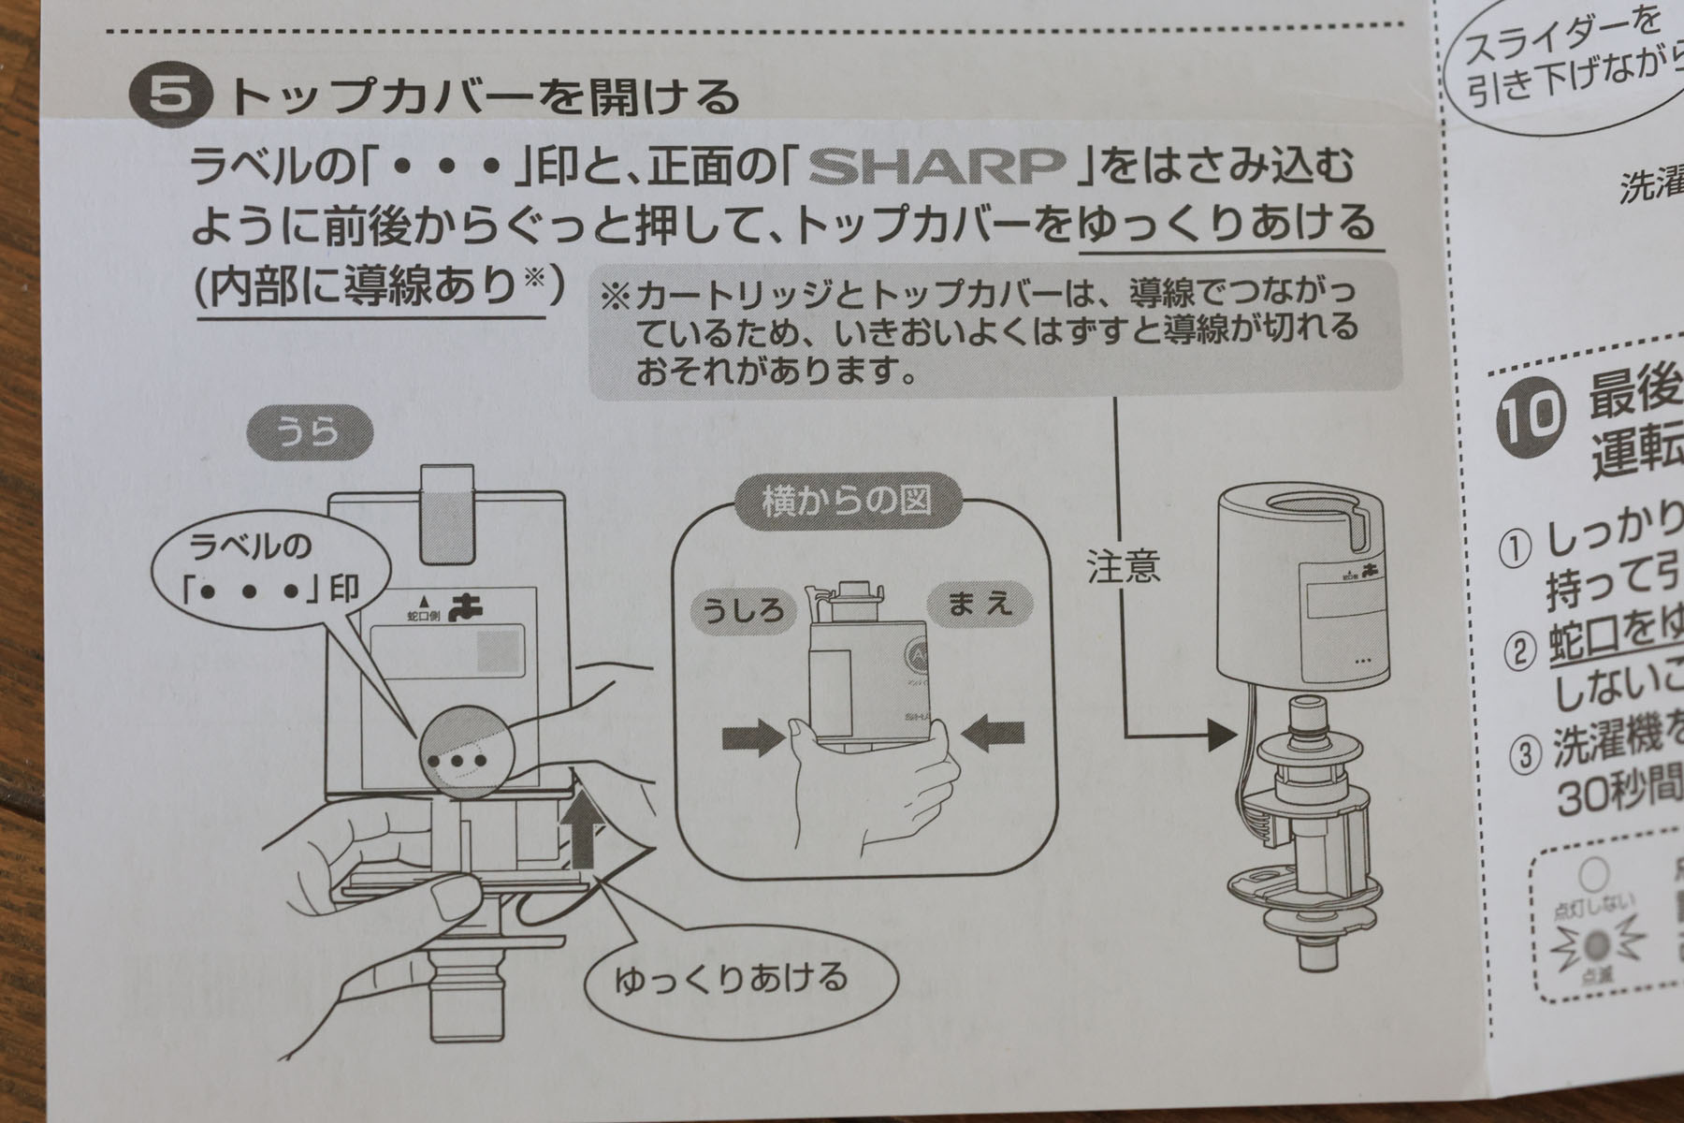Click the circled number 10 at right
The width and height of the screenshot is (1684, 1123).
(x=1531, y=414)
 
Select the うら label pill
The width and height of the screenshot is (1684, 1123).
(x=309, y=432)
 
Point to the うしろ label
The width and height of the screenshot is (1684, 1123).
(x=743, y=611)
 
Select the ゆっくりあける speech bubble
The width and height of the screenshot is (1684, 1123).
(x=731, y=979)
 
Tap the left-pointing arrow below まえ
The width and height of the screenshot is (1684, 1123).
(x=994, y=737)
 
